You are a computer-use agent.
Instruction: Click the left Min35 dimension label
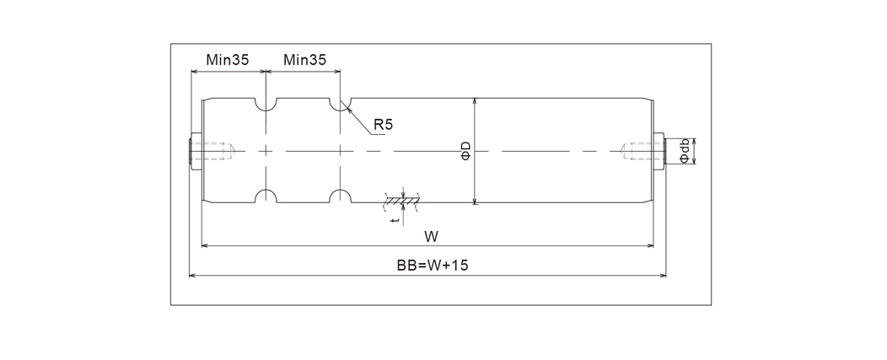[227, 60]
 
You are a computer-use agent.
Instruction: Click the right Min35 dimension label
[304, 60]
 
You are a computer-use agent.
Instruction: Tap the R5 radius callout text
[384, 124]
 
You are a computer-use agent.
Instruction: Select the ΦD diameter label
[465, 152]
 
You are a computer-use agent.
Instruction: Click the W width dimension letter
[431, 234]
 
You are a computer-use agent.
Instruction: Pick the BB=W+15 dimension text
[433, 265]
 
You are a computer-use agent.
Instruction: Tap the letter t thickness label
[396, 220]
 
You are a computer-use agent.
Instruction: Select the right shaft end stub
[660, 152]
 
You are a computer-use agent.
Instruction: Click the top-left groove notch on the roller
[266, 105]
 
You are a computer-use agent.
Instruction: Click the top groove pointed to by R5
[339, 105]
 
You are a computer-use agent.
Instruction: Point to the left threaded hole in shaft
[212, 152]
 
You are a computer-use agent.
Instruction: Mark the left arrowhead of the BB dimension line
[192, 275]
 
